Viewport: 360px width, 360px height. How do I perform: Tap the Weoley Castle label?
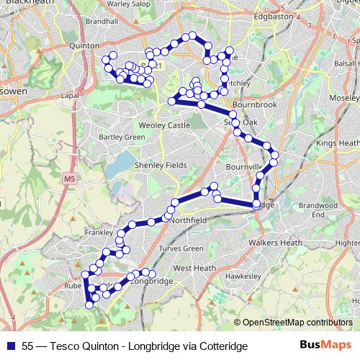(x=164, y=125)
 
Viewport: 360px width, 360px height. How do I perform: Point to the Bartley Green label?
(x=122, y=136)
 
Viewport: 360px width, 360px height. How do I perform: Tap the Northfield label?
(x=189, y=219)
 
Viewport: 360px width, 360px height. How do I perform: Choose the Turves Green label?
(x=181, y=248)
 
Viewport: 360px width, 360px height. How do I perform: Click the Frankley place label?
(x=99, y=233)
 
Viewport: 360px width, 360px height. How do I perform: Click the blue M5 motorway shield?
(x=68, y=178)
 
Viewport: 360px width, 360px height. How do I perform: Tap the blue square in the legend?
(x=11, y=346)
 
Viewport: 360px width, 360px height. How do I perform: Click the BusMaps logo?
(x=325, y=346)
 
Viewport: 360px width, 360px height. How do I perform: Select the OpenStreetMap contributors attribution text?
(x=297, y=323)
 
